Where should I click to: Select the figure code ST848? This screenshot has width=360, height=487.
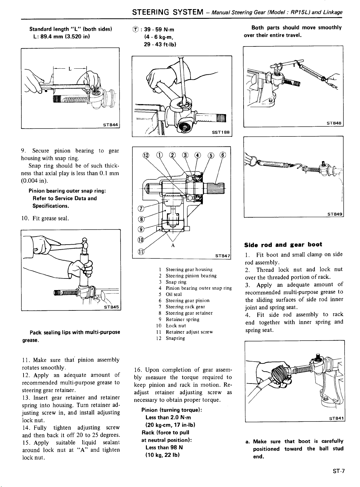click(334, 123)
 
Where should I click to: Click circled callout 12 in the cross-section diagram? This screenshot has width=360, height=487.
click(145, 155)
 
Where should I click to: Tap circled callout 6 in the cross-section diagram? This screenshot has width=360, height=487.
click(223, 155)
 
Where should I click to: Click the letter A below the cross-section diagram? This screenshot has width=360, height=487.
click(173, 246)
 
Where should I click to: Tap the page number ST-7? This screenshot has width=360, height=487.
click(338, 471)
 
